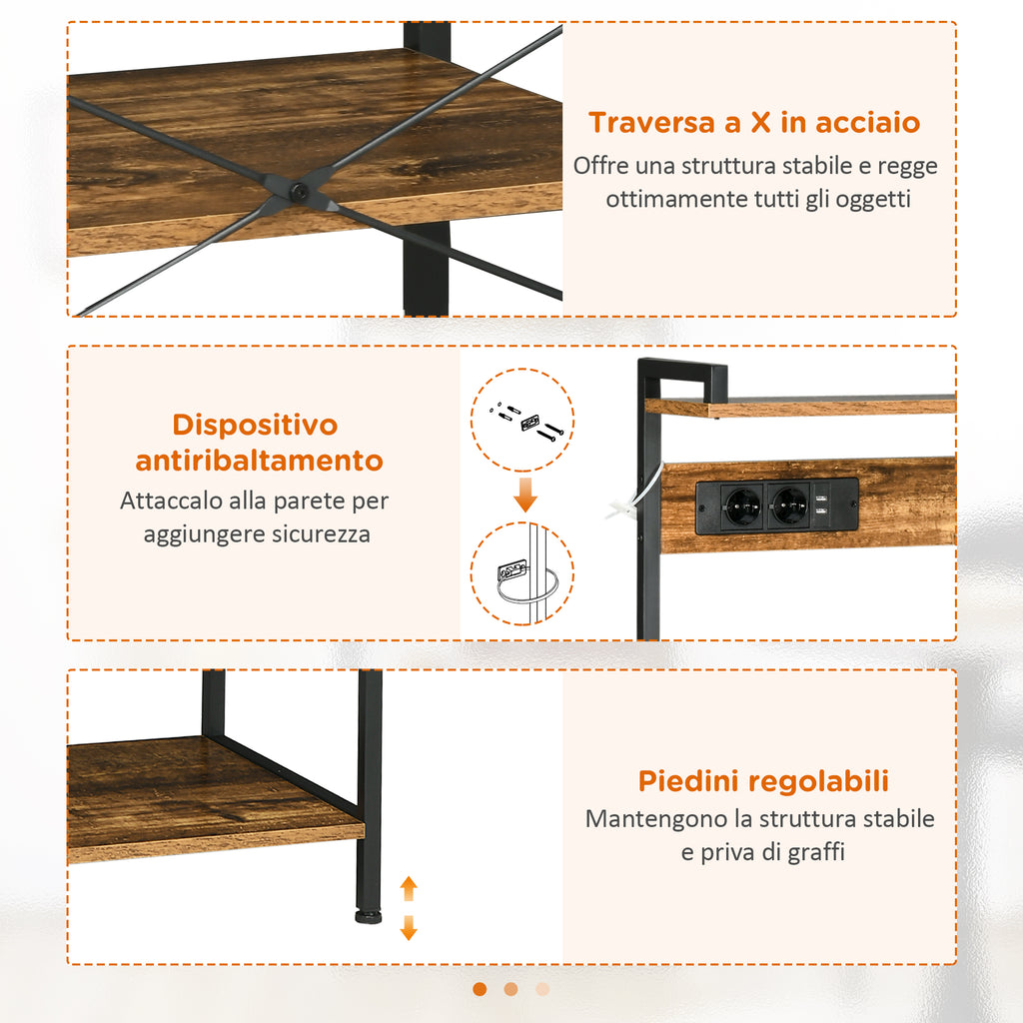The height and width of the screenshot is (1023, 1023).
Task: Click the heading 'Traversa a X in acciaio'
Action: pyautogui.click(x=753, y=123)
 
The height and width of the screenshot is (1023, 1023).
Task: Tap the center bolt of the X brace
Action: pyautogui.click(x=297, y=190)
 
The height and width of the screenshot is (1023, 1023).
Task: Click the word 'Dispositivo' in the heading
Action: pyautogui.click(x=255, y=425)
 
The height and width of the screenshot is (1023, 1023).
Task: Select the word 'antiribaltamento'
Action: pyautogui.click(x=260, y=461)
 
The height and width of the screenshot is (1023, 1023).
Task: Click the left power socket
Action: pyautogui.click(x=742, y=506)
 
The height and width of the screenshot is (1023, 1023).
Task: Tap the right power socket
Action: pyautogui.click(x=789, y=506)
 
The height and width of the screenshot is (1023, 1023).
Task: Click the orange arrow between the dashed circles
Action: pyautogui.click(x=525, y=495)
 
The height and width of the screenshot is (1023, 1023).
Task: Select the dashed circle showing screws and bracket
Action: pyautogui.click(x=521, y=421)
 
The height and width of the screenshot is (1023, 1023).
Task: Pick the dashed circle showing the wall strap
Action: pyautogui.click(x=521, y=574)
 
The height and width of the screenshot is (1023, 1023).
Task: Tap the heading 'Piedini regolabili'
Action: pyautogui.click(x=763, y=781)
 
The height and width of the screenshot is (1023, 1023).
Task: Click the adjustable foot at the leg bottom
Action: pyautogui.click(x=369, y=914)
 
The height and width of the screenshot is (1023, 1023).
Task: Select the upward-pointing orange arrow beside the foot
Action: pyautogui.click(x=408, y=888)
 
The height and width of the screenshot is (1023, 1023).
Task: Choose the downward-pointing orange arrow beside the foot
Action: pyautogui.click(x=408, y=929)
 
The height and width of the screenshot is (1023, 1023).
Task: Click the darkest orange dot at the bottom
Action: pyautogui.click(x=480, y=989)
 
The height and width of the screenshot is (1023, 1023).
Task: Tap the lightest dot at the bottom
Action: pyautogui.click(x=542, y=989)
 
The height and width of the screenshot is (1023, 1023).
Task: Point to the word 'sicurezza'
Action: pyautogui.click(x=320, y=534)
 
